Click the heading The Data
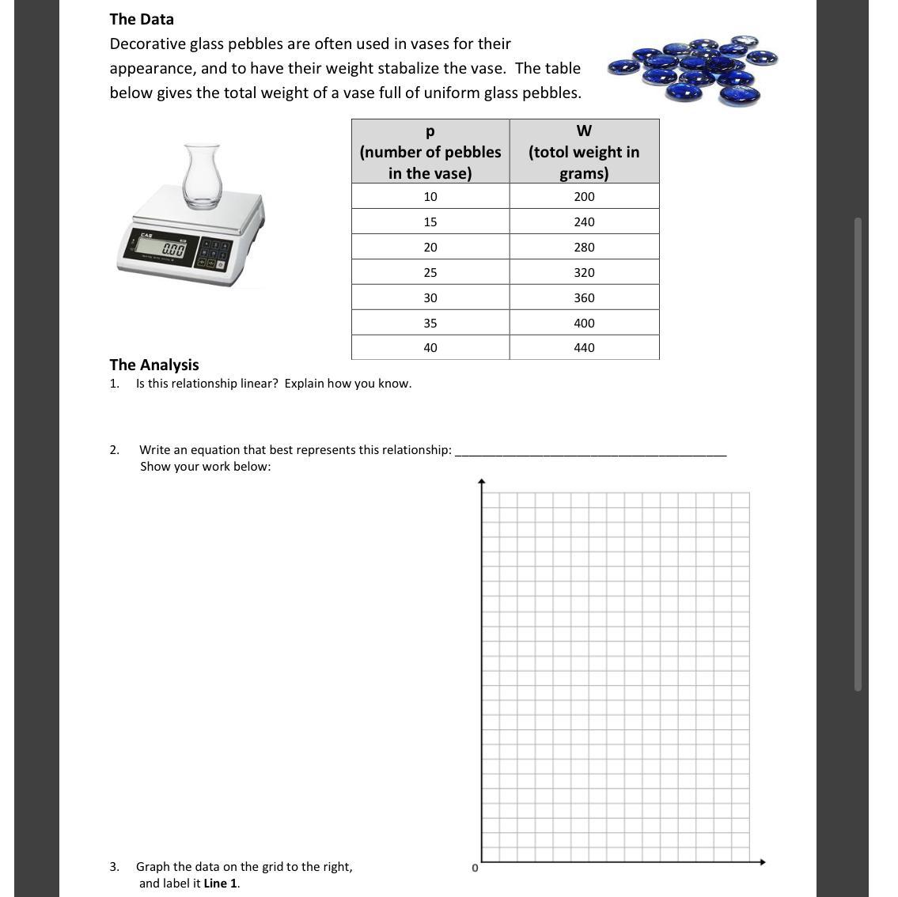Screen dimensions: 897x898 click(x=142, y=19)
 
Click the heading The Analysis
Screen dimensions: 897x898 click(x=154, y=365)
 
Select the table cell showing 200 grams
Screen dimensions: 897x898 click(x=584, y=196)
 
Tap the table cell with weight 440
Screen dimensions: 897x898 click(x=584, y=347)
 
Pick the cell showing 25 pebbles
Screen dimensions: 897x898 click(x=430, y=272)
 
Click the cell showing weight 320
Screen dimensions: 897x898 click(x=584, y=272)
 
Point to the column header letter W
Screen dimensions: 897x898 click(x=584, y=131)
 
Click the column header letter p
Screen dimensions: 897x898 click(x=430, y=131)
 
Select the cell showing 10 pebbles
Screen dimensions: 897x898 click(x=430, y=196)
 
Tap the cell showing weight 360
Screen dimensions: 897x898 click(x=584, y=297)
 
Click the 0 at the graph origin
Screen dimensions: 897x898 click(x=475, y=868)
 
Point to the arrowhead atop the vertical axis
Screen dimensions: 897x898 click(x=481, y=481)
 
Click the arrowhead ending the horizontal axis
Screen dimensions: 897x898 click(x=762, y=861)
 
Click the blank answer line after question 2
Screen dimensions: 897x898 click(x=590, y=451)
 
